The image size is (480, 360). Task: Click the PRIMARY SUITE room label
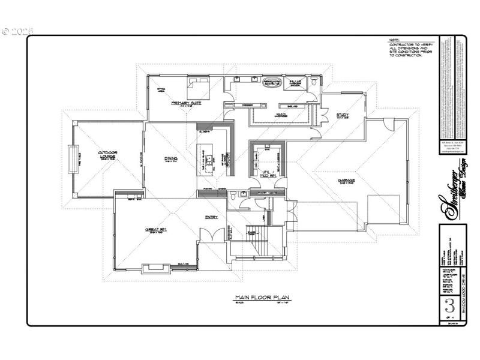185,103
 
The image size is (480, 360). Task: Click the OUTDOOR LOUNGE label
107,155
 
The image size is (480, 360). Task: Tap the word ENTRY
211,217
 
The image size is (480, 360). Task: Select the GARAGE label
346,180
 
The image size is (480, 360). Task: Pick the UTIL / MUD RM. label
268,174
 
